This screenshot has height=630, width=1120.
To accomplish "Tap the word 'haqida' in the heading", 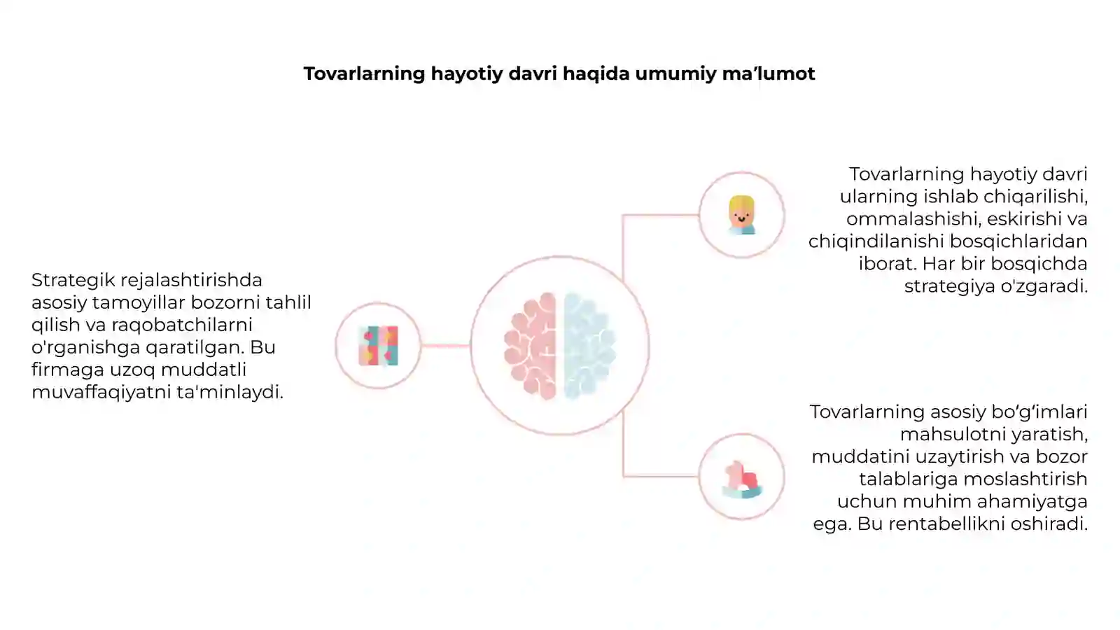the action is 596,73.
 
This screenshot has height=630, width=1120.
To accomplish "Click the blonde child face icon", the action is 741,215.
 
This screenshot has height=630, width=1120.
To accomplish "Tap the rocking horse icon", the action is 742,479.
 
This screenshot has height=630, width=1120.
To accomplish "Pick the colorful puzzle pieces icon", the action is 379,346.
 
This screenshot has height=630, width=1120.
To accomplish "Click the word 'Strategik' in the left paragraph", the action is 73,280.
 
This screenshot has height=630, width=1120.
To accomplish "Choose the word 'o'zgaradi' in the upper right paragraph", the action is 1044,286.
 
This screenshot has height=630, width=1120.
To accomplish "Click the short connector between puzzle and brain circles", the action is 445,346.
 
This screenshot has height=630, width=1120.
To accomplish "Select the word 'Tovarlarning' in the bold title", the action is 365,74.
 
